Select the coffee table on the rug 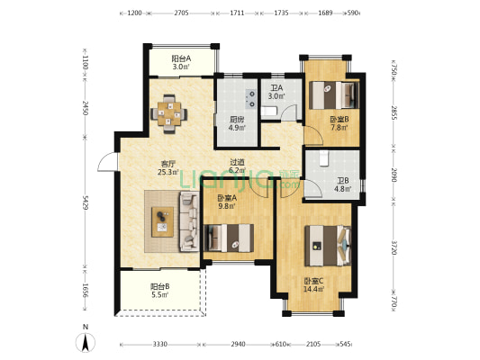[162, 221]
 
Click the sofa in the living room [189, 221]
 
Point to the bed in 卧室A [229, 238]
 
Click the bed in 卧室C [328, 246]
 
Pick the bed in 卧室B [334, 94]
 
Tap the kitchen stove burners [251, 98]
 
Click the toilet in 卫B [323, 158]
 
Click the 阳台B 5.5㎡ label [159, 291]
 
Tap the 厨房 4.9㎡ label [237, 123]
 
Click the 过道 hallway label [237, 162]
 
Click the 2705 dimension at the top [181, 13]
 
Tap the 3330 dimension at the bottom [159, 344]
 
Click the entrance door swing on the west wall [107, 162]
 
